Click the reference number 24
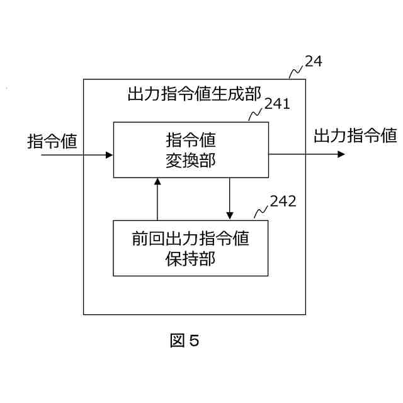tap(313, 62)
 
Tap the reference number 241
tap(277, 104)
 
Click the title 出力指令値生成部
tap(194, 94)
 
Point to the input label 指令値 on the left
tap(52, 140)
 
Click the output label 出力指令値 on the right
tap(355, 135)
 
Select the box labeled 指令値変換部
tap(190, 149)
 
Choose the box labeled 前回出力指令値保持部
tap(190, 248)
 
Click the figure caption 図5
tap(184, 341)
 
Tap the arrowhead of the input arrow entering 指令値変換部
tap(110, 154)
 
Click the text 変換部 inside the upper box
tap(190, 160)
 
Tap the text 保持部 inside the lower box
tap(190, 258)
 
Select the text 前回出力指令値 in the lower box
tap(190, 239)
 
